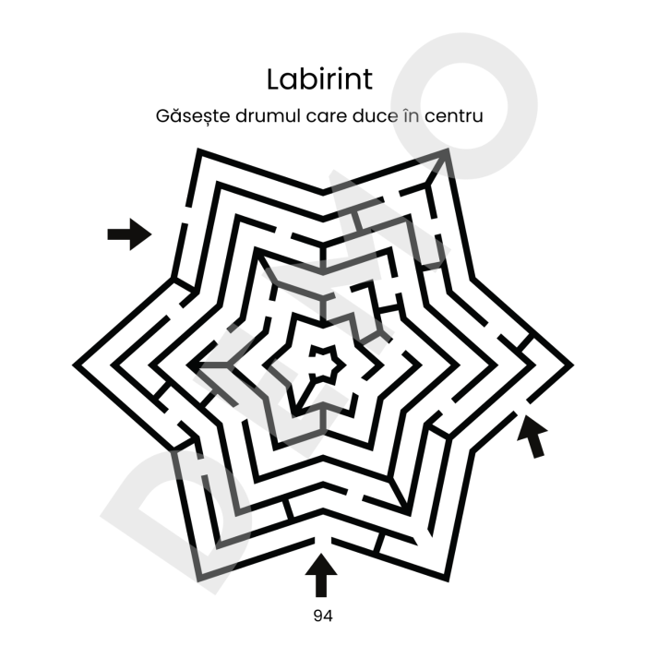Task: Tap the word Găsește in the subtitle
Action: point(193,116)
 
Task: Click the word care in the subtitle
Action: point(327,117)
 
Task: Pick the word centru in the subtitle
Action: point(454,116)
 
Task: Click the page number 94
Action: point(323,616)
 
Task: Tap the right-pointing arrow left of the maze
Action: point(129,234)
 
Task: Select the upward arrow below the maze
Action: point(321,575)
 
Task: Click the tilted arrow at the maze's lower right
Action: point(533,437)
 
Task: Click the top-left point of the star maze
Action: point(198,150)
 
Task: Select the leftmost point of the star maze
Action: point(74,365)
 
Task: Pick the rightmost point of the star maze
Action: point(572,365)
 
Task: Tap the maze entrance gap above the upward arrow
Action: point(323,540)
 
